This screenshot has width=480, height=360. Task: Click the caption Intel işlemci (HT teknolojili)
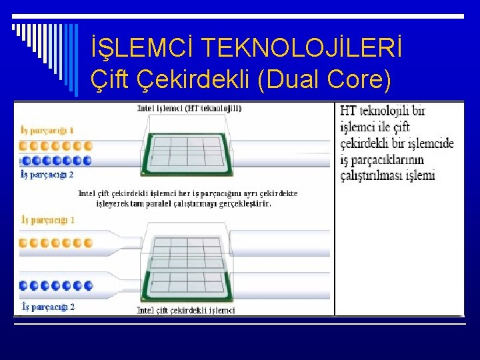[x=189, y=107]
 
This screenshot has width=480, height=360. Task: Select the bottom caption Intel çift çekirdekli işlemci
[x=185, y=310]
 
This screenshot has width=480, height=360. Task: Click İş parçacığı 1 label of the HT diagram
[x=47, y=130]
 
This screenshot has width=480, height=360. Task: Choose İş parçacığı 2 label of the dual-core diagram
[x=47, y=307]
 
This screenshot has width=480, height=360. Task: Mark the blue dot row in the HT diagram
[x=56, y=160]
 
